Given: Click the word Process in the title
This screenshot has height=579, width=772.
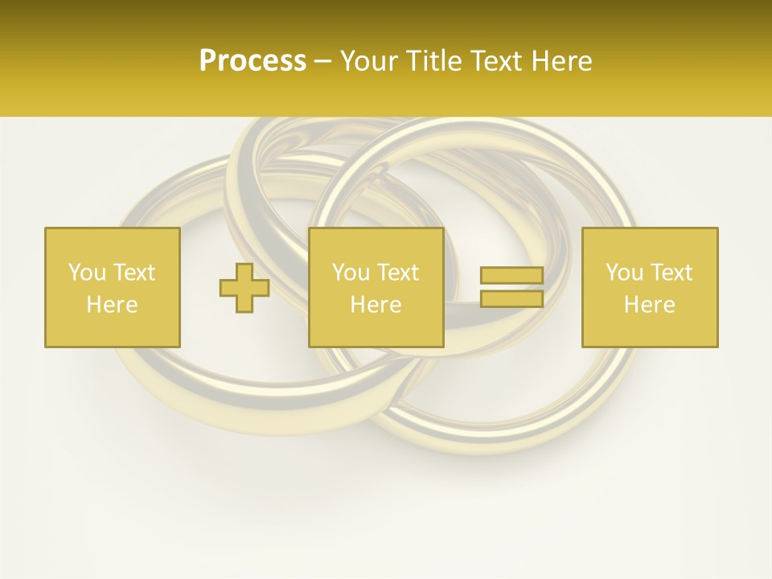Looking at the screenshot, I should pos(253,61).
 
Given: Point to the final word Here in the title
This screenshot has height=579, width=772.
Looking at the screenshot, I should pos(561,61).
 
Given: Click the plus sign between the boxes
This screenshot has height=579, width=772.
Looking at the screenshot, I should pos(244,288).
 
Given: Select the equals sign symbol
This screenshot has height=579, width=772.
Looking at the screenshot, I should pos(511,287).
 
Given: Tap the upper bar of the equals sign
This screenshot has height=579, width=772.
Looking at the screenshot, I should pos(511,276).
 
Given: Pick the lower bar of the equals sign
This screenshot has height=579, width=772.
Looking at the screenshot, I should pos(511,299).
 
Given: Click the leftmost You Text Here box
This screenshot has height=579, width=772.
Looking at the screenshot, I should pos(113,287).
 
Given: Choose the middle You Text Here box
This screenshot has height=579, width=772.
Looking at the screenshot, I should pos(376,287).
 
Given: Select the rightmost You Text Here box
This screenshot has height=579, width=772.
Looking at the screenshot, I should pos(650,287).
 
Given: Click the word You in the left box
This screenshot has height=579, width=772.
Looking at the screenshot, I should pos(87,273).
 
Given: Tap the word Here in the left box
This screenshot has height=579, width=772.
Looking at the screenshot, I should pos(113,305).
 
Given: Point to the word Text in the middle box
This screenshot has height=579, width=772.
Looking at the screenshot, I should pos(397,273).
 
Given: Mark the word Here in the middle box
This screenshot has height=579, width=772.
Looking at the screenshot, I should pos(376,305).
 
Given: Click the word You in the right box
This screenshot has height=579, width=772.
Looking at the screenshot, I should pos(624,273).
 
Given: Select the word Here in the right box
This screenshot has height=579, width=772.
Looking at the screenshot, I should pos(650,305).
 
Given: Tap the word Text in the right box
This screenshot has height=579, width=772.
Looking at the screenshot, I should pos(671,273).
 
